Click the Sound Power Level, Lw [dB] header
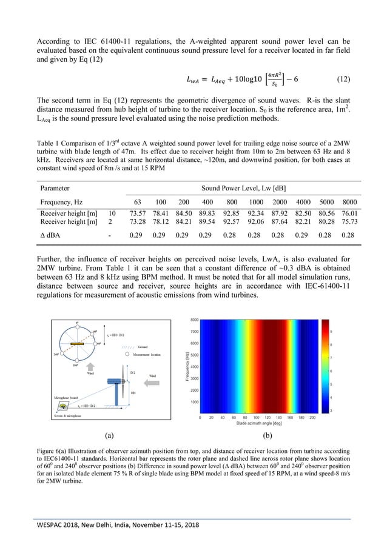tap(249, 187)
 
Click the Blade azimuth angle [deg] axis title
tap(254, 424)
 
